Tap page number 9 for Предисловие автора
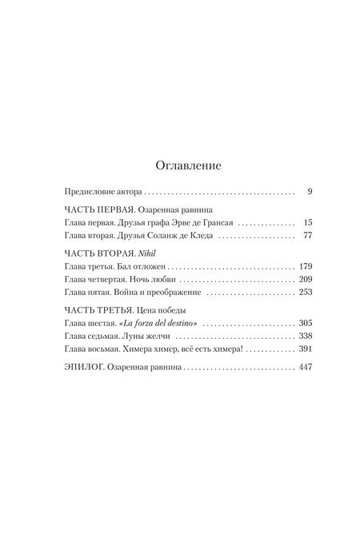(310, 193)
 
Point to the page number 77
(307, 238)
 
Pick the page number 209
(305, 283)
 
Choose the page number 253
(305, 297)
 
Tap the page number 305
(305, 328)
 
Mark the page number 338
(305, 342)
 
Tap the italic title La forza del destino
(160, 328)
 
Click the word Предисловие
(89, 193)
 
